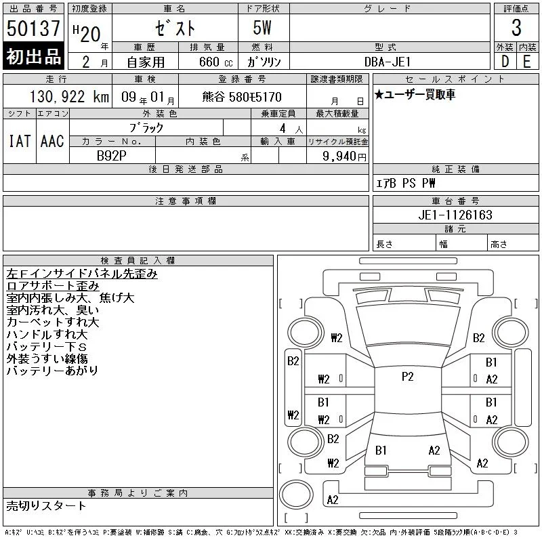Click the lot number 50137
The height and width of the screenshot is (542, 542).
tap(33, 28)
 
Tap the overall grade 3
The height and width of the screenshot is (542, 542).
tap(516, 28)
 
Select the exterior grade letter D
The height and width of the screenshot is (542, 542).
tap(505, 62)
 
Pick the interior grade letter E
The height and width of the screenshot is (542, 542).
tap(527, 62)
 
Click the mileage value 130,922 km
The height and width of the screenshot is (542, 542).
tap(69, 97)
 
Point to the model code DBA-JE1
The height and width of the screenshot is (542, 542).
tap(388, 62)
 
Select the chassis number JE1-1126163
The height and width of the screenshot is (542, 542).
tap(455, 215)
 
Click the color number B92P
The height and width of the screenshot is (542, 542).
tap(111, 156)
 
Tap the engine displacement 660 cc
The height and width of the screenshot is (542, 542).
tap(215, 62)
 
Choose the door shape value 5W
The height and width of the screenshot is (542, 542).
tap(262, 28)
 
